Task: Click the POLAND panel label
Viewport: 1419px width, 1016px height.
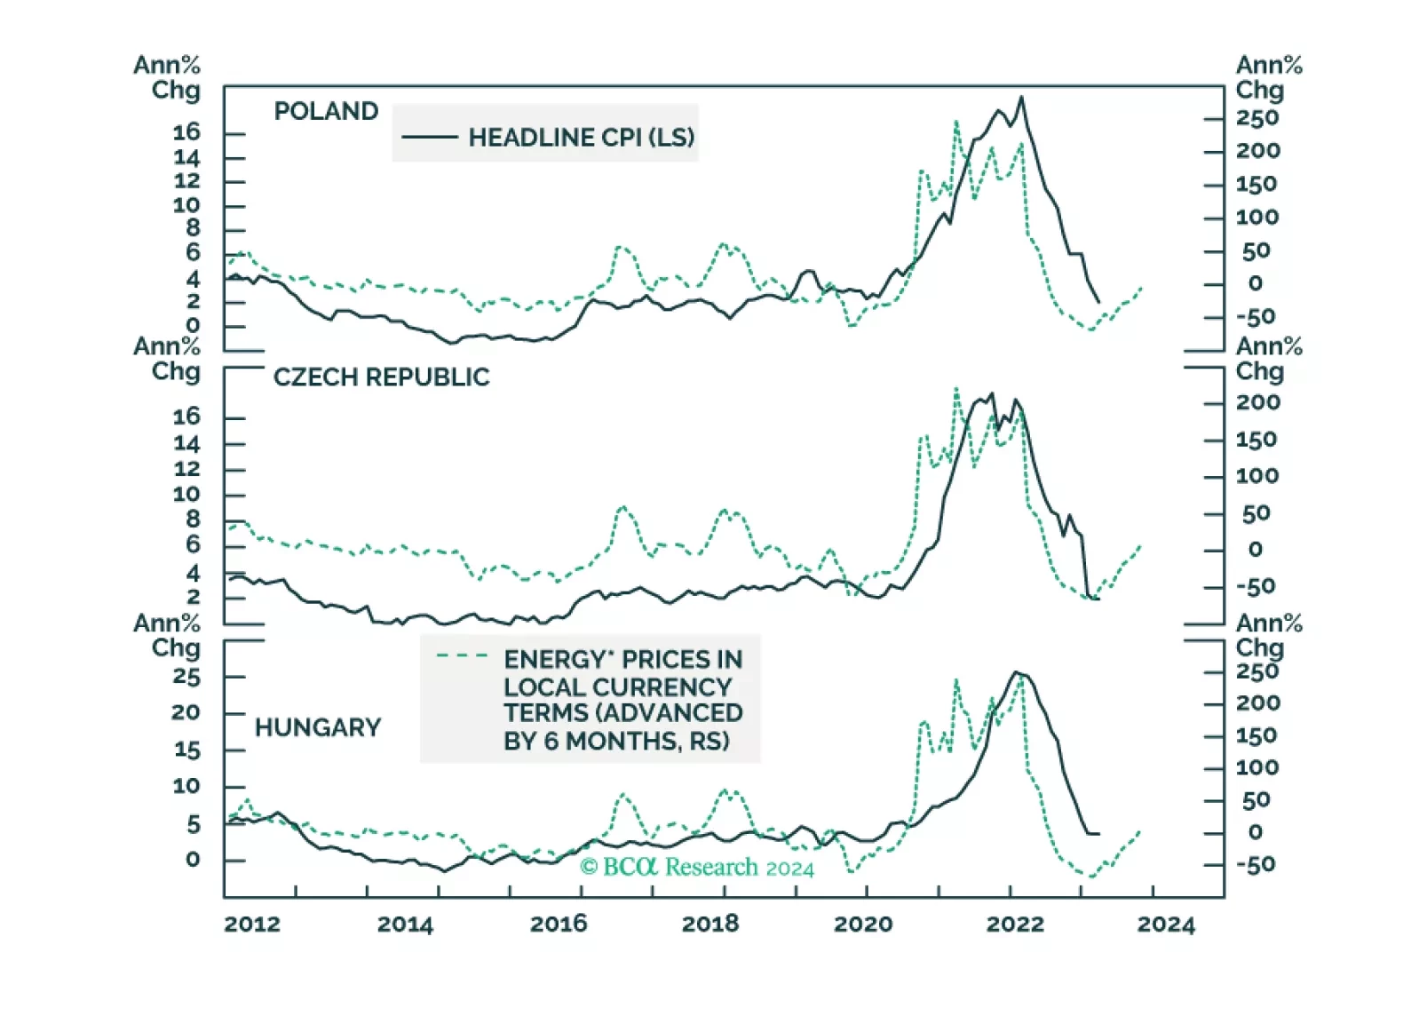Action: tap(326, 111)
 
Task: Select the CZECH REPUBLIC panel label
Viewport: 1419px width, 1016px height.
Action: tap(381, 377)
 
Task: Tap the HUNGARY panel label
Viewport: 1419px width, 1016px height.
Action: tap(317, 728)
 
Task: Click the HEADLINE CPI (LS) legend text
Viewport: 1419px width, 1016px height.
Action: tap(581, 138)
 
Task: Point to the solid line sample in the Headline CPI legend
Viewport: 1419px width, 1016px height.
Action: tap(429, 138)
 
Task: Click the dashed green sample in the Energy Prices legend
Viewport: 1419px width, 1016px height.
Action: tap(462, 656)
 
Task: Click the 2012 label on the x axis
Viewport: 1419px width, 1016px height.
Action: tap(251, 925)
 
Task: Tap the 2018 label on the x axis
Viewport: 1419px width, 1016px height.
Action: tap(709, 925)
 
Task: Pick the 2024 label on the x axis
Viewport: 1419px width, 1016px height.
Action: tap(1166, 925)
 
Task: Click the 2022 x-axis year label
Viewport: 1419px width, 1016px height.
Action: tap(1015, 925)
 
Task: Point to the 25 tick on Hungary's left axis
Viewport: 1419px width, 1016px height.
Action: tap(186, 677)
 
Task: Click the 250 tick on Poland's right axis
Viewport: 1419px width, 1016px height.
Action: tap(1257, 118)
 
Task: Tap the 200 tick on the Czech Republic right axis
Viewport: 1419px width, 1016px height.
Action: tap(1257, 402)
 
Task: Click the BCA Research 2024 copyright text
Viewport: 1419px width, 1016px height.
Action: tap(696, 867)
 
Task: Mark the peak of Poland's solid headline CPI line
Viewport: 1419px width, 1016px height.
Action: tap(1021, 98)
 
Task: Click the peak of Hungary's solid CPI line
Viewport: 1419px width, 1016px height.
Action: tap(1016, 672)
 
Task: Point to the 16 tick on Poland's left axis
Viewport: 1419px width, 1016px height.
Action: tap(186, 132)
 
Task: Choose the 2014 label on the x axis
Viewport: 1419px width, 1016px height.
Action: tap(405, 925)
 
